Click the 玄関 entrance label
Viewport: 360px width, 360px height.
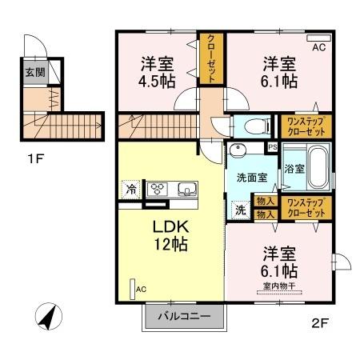click(34, 72)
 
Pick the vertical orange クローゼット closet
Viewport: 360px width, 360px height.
click(211, 58)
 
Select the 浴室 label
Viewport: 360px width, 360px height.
click(294, 169)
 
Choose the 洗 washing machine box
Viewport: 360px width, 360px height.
click(240, 210)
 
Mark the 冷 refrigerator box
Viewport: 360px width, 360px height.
click(130, 190)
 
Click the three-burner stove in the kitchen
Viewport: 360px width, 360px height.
click(157, 190)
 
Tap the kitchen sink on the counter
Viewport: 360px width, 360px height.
click(188, 190)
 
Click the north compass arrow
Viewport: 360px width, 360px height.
click(50, 318)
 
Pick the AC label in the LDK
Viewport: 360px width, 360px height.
click(141, 289)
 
